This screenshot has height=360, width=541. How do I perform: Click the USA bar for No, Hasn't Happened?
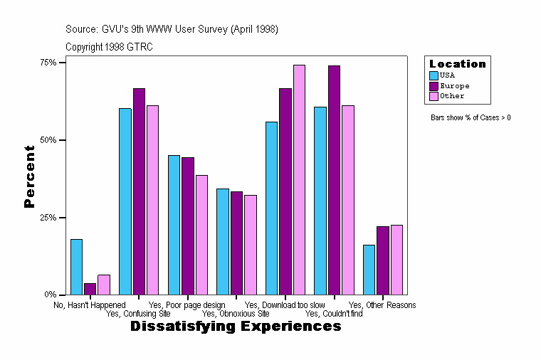pyautogui.click(x=76, y=267)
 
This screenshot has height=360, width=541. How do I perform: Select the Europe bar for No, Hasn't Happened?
pyautogui.click(x=90, y=289)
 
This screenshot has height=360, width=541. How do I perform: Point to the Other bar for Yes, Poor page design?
pyautogui.click(x=201, y=235)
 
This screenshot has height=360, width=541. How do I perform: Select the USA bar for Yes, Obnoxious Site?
pyautogui.click(x=223, y=241)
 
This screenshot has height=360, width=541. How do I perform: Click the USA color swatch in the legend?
pyautogui.click(x=434, y=75)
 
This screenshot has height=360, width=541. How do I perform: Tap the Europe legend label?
pyautogui.click(x=455, y=85)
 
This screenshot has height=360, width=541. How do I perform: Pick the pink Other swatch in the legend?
pyautogui.click(x=434, y=96)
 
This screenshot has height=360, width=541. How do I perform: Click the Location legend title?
pyautogui.click(x=457, y=64)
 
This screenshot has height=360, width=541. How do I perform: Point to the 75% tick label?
pyautogui.click(x=48, y=63)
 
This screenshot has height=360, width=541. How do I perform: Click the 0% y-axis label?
pyautogui.click(x=51, y=295)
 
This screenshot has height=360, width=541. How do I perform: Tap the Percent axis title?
pyautogui.click(x=29, y=176)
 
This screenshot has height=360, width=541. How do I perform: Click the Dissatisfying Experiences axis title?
pyautogui.click(x=236, y=327)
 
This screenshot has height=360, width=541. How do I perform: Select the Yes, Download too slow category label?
pyautogui.click(x=285, y=305)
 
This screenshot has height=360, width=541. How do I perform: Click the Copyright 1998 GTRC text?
pyautogui.click(x=109, y=47)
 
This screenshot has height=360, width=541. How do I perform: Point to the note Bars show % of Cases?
pyautogui.click(x=471, y=117)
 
